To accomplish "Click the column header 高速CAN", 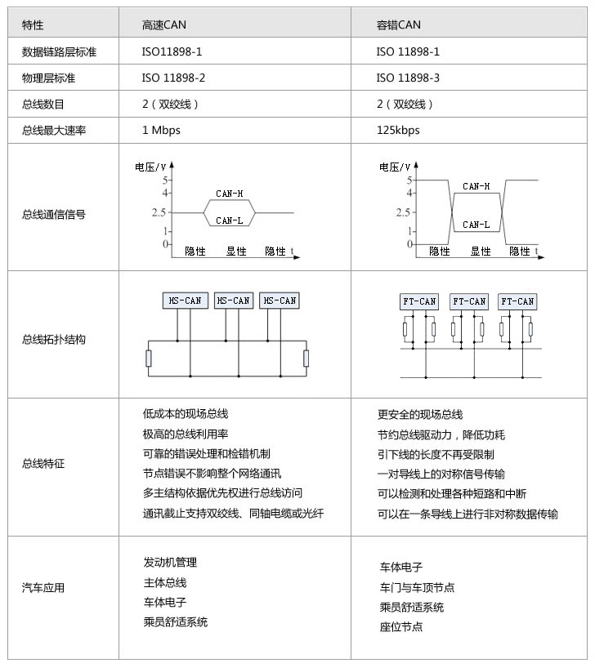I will [x=163, y=25].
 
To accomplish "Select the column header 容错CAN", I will [x=398, y=25].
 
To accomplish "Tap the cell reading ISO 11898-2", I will [x=173, y=78].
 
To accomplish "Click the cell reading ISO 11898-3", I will [x=408, y=78].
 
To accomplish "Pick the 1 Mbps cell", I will [x=161, y=130].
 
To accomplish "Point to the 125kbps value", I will [x=398, y=130].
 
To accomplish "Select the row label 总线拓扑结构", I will [x=54, y=339].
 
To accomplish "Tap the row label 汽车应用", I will [x=43, y=587].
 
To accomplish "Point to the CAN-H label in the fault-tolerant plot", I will [x=476, y=186].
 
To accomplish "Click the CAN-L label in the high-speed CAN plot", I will [x=229, y=220].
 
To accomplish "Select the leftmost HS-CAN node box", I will [x=185, y=301].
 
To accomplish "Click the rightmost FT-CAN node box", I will [x=517, y=301].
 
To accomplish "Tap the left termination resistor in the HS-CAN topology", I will [x=148, y=358].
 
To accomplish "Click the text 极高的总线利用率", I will [x=185, y=434].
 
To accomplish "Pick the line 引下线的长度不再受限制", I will [x=435, y=454].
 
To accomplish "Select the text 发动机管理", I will [x=170, y=562].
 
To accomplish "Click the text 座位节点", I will [x=401, y=626].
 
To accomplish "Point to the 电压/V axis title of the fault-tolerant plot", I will [x=396, y=167].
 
